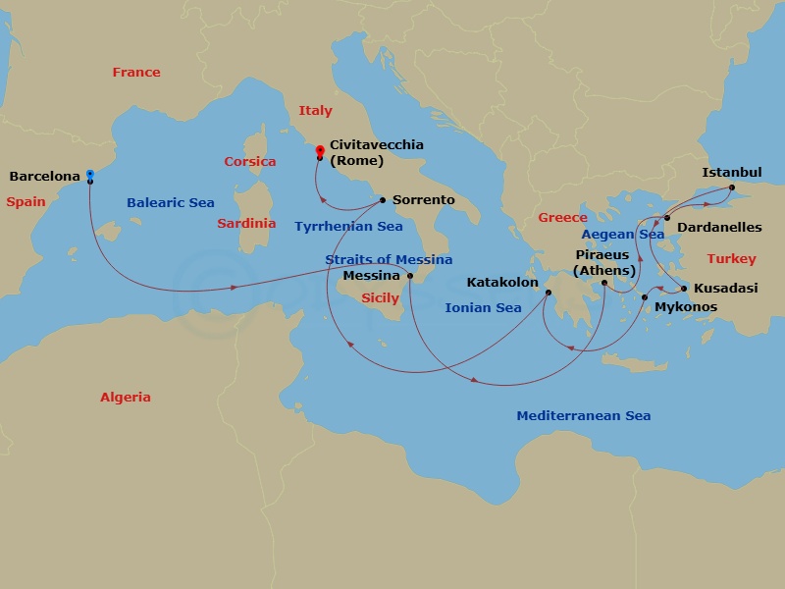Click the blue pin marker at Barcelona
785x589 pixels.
pos(89,174)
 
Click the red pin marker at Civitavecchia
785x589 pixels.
pos(320,150)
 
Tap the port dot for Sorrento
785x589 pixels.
pos(382,199)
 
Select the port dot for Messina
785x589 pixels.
pos(410,276)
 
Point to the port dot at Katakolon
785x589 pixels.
pos(549,292)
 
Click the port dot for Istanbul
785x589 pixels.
pos(732,187)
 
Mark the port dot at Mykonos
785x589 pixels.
pos(645,296)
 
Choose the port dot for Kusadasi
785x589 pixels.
pos(684,289)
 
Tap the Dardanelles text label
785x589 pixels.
pos(719,227)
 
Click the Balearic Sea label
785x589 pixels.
pos(170,203)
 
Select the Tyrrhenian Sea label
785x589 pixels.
pos(348,226)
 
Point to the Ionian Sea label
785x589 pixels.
pos(483,307)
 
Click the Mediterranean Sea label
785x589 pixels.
pos(583,415)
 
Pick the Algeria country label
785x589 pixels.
pos(126,398)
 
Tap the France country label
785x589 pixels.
pos(136,72)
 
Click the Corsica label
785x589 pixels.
pos(249,161)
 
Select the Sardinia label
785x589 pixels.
pos(246,223)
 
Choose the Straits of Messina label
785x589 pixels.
pos(389,259)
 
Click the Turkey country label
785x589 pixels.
pos(731,259)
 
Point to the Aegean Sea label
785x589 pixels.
pos(622,235)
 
